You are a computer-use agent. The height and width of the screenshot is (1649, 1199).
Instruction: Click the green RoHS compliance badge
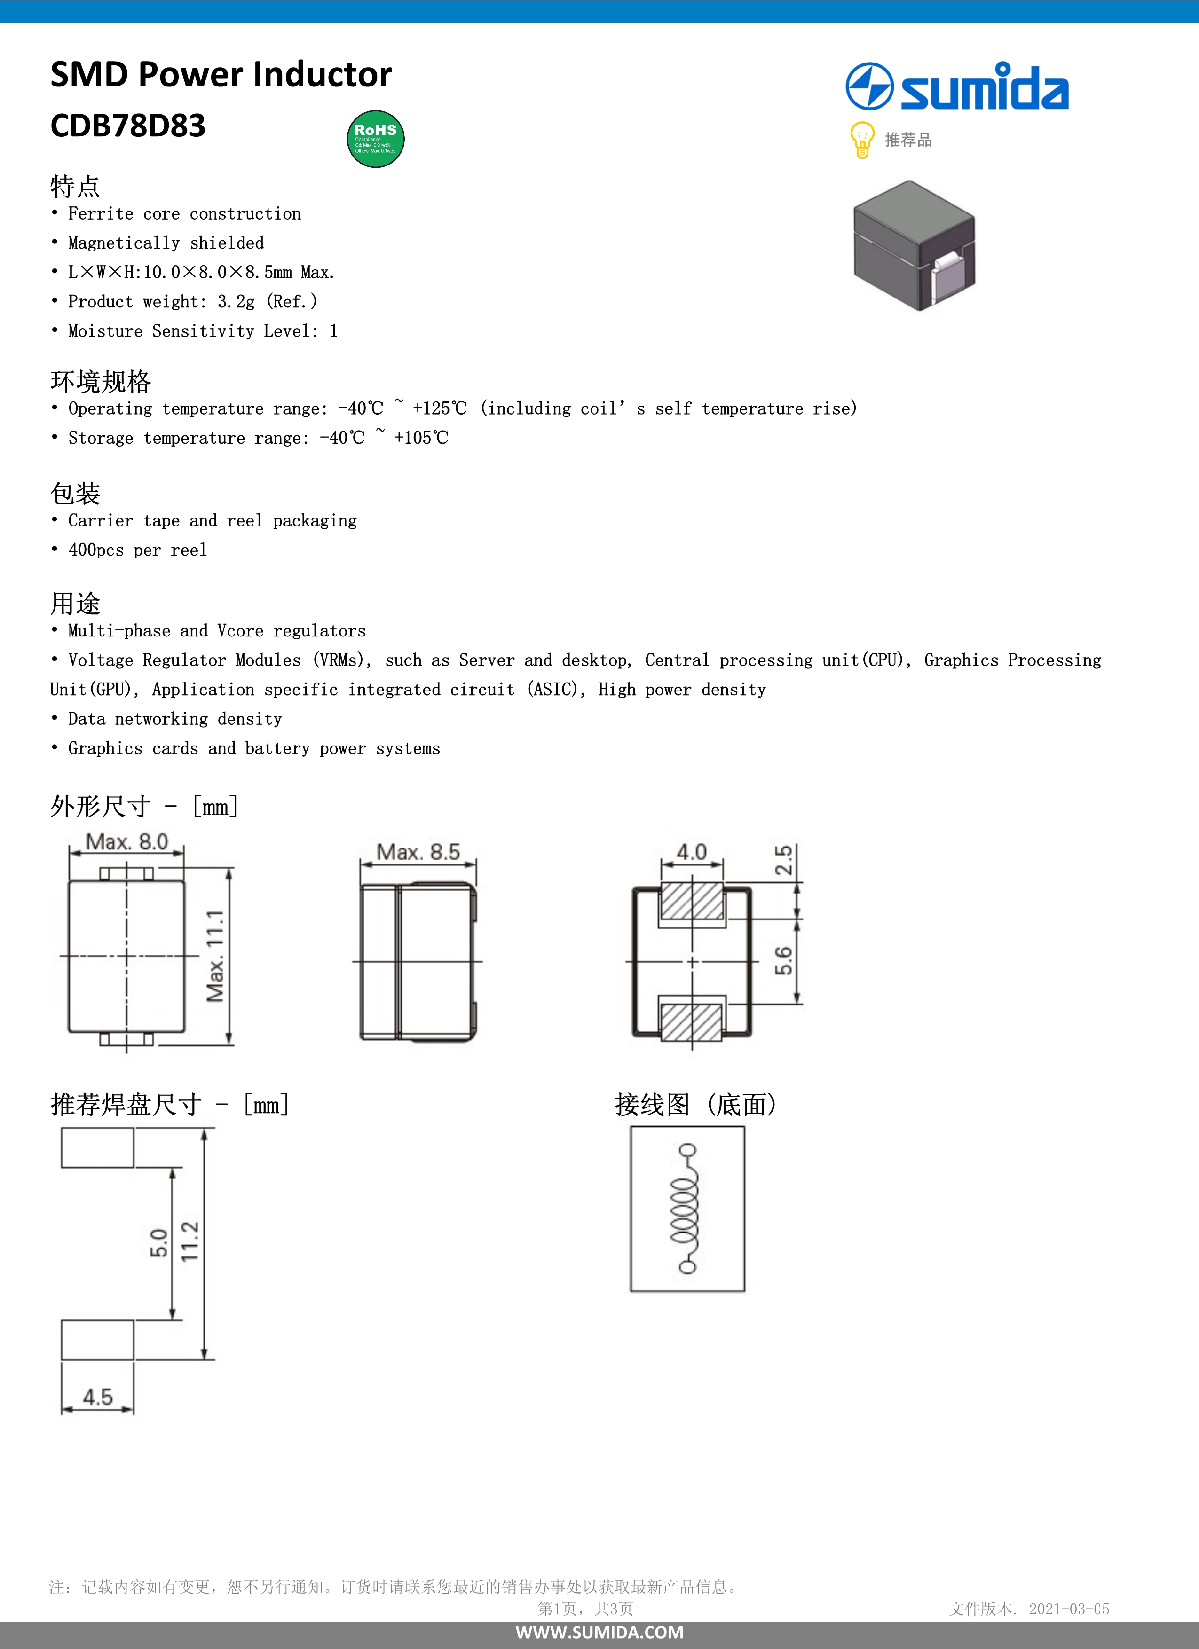(x=375, y=139)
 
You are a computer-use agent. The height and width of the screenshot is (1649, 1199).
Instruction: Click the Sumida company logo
(x=957, y=87)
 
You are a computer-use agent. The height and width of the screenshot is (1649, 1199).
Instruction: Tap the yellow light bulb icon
(x=861, y=140)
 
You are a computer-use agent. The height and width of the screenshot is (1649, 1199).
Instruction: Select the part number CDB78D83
(x=128, y=126)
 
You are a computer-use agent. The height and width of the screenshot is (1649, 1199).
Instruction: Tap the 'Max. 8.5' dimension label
(x=418, y=852)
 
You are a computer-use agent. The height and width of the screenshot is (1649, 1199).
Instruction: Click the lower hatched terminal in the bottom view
(x=692, y=1021)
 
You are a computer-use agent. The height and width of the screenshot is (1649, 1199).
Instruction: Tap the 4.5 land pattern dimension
(x=97, y=1397)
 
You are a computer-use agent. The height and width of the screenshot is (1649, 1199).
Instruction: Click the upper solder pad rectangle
(x=97, y=1147)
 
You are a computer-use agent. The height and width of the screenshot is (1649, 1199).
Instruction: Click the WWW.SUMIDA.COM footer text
(x=599, y=1632)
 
